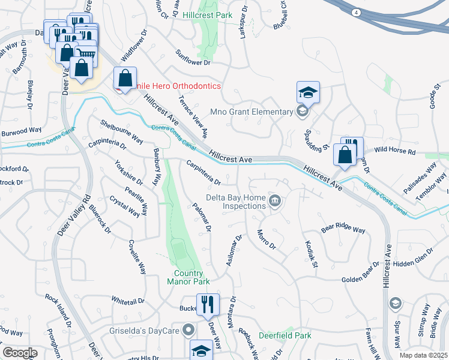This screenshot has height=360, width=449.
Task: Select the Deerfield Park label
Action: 285,335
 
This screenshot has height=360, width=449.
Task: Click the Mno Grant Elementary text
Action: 251,111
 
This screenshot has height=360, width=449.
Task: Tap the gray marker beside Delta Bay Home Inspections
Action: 275,200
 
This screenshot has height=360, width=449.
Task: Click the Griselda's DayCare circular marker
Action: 188,329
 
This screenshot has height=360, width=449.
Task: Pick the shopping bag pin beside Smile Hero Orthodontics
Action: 125,79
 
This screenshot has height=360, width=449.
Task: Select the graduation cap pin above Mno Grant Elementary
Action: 307,93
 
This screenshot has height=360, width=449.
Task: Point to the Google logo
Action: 20,353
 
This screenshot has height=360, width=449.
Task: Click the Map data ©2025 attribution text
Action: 424,355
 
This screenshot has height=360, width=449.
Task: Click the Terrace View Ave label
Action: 193,116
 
